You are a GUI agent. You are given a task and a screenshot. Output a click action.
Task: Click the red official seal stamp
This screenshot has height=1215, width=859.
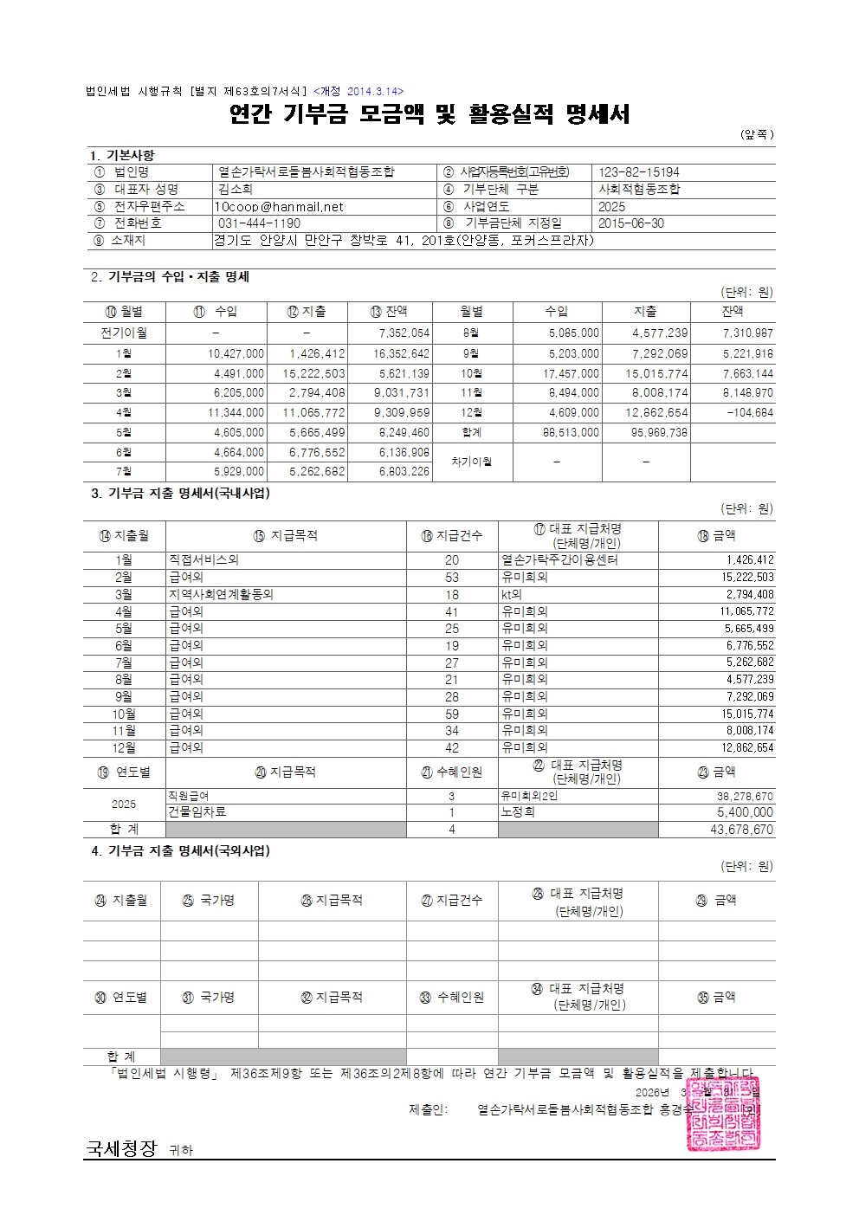pos(726,1114)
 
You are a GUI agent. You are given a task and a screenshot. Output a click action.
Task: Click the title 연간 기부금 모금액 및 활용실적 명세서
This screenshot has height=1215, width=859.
pos(429,114)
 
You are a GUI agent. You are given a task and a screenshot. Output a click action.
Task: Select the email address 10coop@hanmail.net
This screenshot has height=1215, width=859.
pos(279,207)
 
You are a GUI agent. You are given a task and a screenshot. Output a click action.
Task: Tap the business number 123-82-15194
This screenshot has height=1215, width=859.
pos(639,172)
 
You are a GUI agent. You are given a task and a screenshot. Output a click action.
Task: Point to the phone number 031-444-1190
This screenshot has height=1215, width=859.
pos(260,223)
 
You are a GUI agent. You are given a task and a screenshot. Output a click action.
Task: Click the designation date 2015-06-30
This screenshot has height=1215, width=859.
pos(631,223)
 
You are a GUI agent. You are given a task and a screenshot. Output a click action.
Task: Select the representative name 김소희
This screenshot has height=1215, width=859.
pos(236,190)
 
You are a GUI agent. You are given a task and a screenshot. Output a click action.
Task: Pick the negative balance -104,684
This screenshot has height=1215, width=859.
pos(749,412)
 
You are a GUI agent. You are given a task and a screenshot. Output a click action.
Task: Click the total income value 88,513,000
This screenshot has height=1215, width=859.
pos(573,432)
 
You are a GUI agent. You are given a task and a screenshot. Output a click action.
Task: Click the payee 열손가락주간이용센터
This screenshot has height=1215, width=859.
pos(559,560)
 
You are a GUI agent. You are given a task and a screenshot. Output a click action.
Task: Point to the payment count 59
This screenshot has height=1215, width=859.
pos(452,714)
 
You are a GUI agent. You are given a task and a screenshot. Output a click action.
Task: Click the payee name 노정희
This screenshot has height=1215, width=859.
pos(518,812)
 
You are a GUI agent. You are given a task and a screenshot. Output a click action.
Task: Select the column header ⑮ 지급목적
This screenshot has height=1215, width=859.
pos(285,536)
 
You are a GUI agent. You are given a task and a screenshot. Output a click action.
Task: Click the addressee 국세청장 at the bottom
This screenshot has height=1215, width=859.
pos(120,1148)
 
